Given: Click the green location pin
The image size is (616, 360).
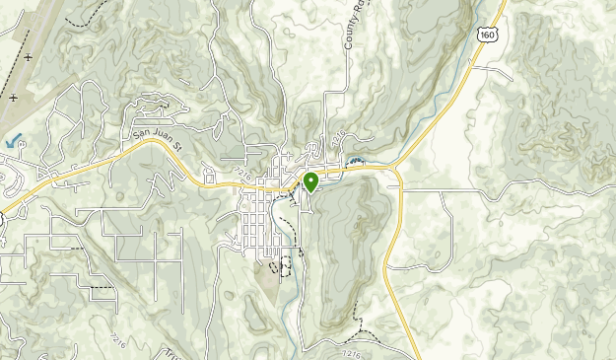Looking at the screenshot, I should (310, 182).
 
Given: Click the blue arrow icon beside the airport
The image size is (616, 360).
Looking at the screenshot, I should (14, 141).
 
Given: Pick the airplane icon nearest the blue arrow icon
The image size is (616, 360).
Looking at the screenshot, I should (13, 98).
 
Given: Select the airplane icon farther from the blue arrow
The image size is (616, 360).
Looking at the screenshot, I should (27, 57).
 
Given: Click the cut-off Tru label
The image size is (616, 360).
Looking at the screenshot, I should (158, 353).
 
